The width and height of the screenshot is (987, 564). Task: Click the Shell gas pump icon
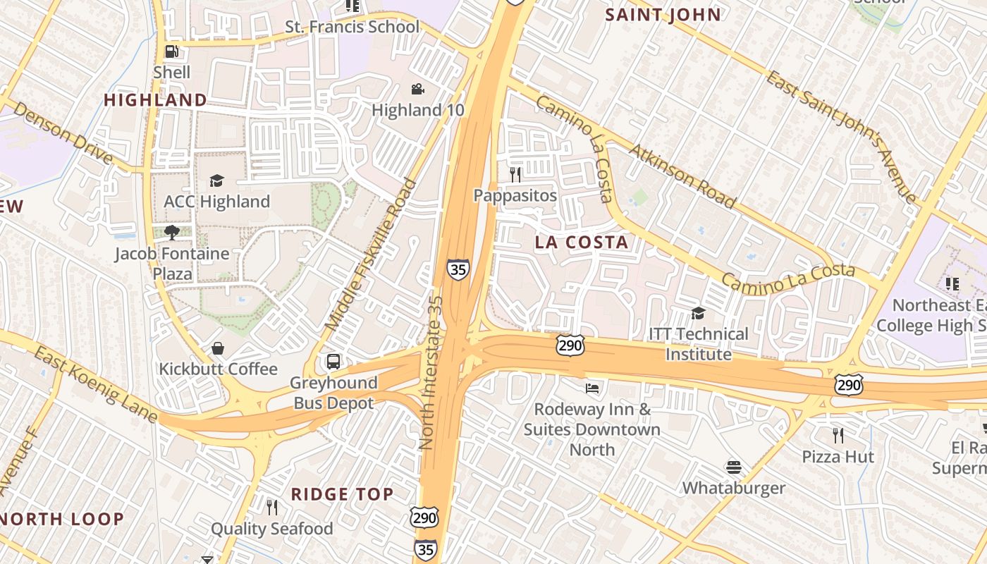click(171, 51)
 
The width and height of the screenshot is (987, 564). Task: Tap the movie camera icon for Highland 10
click(417, 90)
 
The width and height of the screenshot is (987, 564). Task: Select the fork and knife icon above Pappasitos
click(515, 174)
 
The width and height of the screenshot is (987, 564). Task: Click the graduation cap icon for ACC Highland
click(216, 180)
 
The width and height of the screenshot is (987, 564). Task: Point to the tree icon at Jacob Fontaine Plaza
click(171, 232)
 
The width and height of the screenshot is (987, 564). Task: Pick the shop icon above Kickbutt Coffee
click(218, 348)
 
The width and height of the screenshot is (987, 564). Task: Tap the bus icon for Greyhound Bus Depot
click(333, 362)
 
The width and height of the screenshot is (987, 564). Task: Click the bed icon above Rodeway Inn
click(592, 388)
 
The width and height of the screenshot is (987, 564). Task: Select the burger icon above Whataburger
click(734, 467)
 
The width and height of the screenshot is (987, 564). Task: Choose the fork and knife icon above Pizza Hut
click(838, 435)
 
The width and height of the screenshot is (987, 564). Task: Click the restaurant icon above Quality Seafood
click(271, 507)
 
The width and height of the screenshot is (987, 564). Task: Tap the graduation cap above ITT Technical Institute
click(698, 313)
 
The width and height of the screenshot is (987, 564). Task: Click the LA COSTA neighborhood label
click(582, 243)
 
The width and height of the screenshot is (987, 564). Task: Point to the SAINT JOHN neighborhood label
click(663, 15)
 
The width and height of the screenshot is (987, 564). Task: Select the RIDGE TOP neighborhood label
click(342, 494)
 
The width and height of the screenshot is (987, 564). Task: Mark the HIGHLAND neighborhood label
click(155, 100)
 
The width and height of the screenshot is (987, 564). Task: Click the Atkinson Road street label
click(682, 176)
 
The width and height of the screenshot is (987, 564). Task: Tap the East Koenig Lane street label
click(95, 384)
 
